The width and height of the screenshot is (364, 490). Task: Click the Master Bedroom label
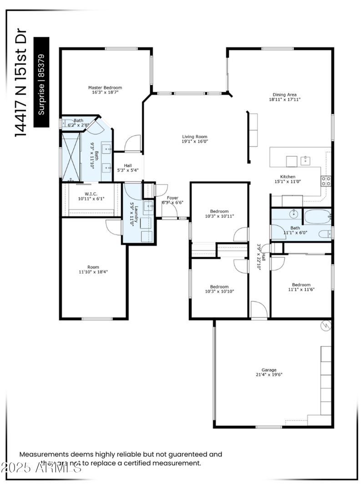pyautogui.click(x=105, y=87)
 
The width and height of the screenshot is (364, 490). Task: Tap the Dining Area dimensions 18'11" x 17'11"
pyautogui.click(x=285, y=100)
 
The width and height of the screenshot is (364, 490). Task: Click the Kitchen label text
pyautogui.click(x=288, y=177)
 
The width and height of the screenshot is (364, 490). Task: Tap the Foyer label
pyautogui.click(x=172, y=198)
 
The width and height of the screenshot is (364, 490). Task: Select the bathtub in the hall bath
pyautogui.click(x=317, y=217)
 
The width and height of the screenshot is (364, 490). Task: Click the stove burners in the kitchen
pyautogui.click(x=326, y=181)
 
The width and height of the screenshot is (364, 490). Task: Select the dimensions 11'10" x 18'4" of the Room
pyautogui.click(x=93, y=272)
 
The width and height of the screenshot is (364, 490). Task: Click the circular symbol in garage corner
pyautogui.click(x=325, y=325)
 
